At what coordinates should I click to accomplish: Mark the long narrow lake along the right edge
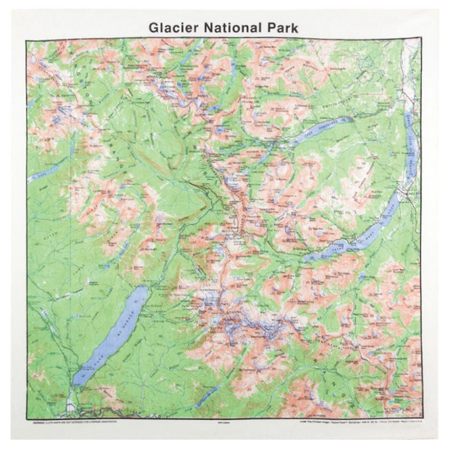click(x=412, y=148)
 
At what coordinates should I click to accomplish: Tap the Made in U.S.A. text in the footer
click(x=408, y=422)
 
